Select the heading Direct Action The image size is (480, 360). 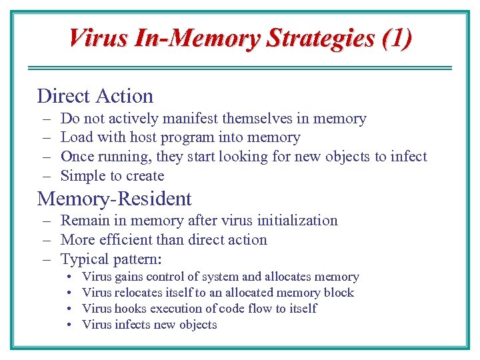click(x=95, y=96)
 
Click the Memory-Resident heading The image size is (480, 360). click(x=114, y=199)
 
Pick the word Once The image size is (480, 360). click(x=77, y=157)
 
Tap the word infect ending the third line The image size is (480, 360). click(x=409, y=157)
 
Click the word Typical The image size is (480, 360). click(x=85, y=259)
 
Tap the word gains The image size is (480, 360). click(x=129, y=277)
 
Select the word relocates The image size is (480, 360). click(x=139, y=293)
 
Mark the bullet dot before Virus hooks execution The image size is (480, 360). click(x=69, y=309)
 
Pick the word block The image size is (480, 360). click(x=339, y=293)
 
